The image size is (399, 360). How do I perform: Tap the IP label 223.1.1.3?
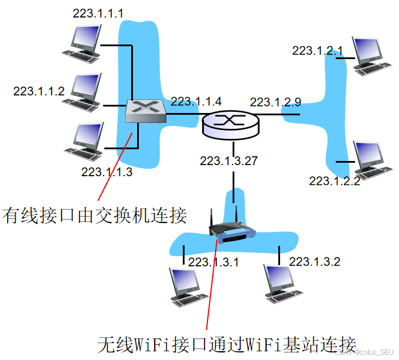pos(107,172)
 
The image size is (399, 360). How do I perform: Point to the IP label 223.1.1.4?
pos(197,101)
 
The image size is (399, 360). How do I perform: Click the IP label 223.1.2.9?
pos(275,102)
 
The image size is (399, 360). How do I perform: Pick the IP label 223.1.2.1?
pos(318,50)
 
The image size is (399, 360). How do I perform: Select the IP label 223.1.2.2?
pos(335,181)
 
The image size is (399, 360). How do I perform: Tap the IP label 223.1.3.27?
pos(229,160)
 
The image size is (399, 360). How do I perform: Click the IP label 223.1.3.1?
pos(213,262)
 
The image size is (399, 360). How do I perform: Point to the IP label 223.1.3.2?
pos(315,261)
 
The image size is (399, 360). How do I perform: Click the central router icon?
pos(229,123)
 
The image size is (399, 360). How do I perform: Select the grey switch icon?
pos(146,111)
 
